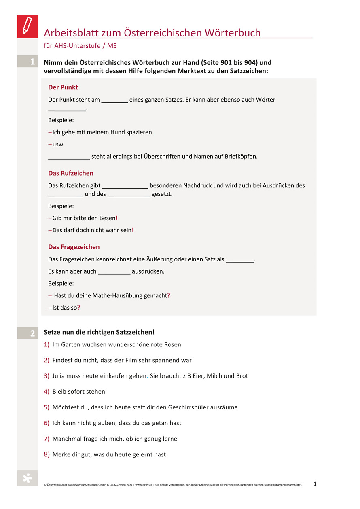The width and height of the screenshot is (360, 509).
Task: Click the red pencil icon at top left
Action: (27, 26)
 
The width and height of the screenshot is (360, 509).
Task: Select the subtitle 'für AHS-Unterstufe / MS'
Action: (80, 46)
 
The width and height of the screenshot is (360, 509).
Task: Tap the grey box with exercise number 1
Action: (27, 62)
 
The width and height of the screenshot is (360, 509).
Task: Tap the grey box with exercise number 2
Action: (27, 333)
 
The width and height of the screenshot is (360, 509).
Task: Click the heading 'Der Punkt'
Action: (63, 87)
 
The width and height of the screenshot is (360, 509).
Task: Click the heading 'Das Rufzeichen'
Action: (71, 173)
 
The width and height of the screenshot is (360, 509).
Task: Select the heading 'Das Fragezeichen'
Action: (74, 247)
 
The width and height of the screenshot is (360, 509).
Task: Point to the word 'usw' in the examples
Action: (58, 144)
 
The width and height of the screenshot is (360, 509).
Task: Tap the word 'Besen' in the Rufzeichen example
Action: (107, 218)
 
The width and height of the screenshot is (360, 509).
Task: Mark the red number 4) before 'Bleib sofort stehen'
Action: (47, 392)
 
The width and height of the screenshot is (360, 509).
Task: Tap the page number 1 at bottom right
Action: (315, 484)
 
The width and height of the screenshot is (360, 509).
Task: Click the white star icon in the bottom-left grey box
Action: (27, 478)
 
